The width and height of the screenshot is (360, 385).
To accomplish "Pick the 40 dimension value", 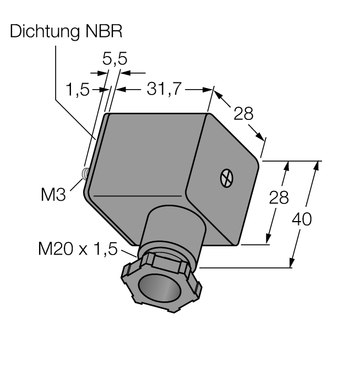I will (302, 219).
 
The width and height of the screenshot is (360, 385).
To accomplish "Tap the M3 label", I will (53, 194).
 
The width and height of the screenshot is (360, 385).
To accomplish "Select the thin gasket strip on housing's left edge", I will (94, 154).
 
